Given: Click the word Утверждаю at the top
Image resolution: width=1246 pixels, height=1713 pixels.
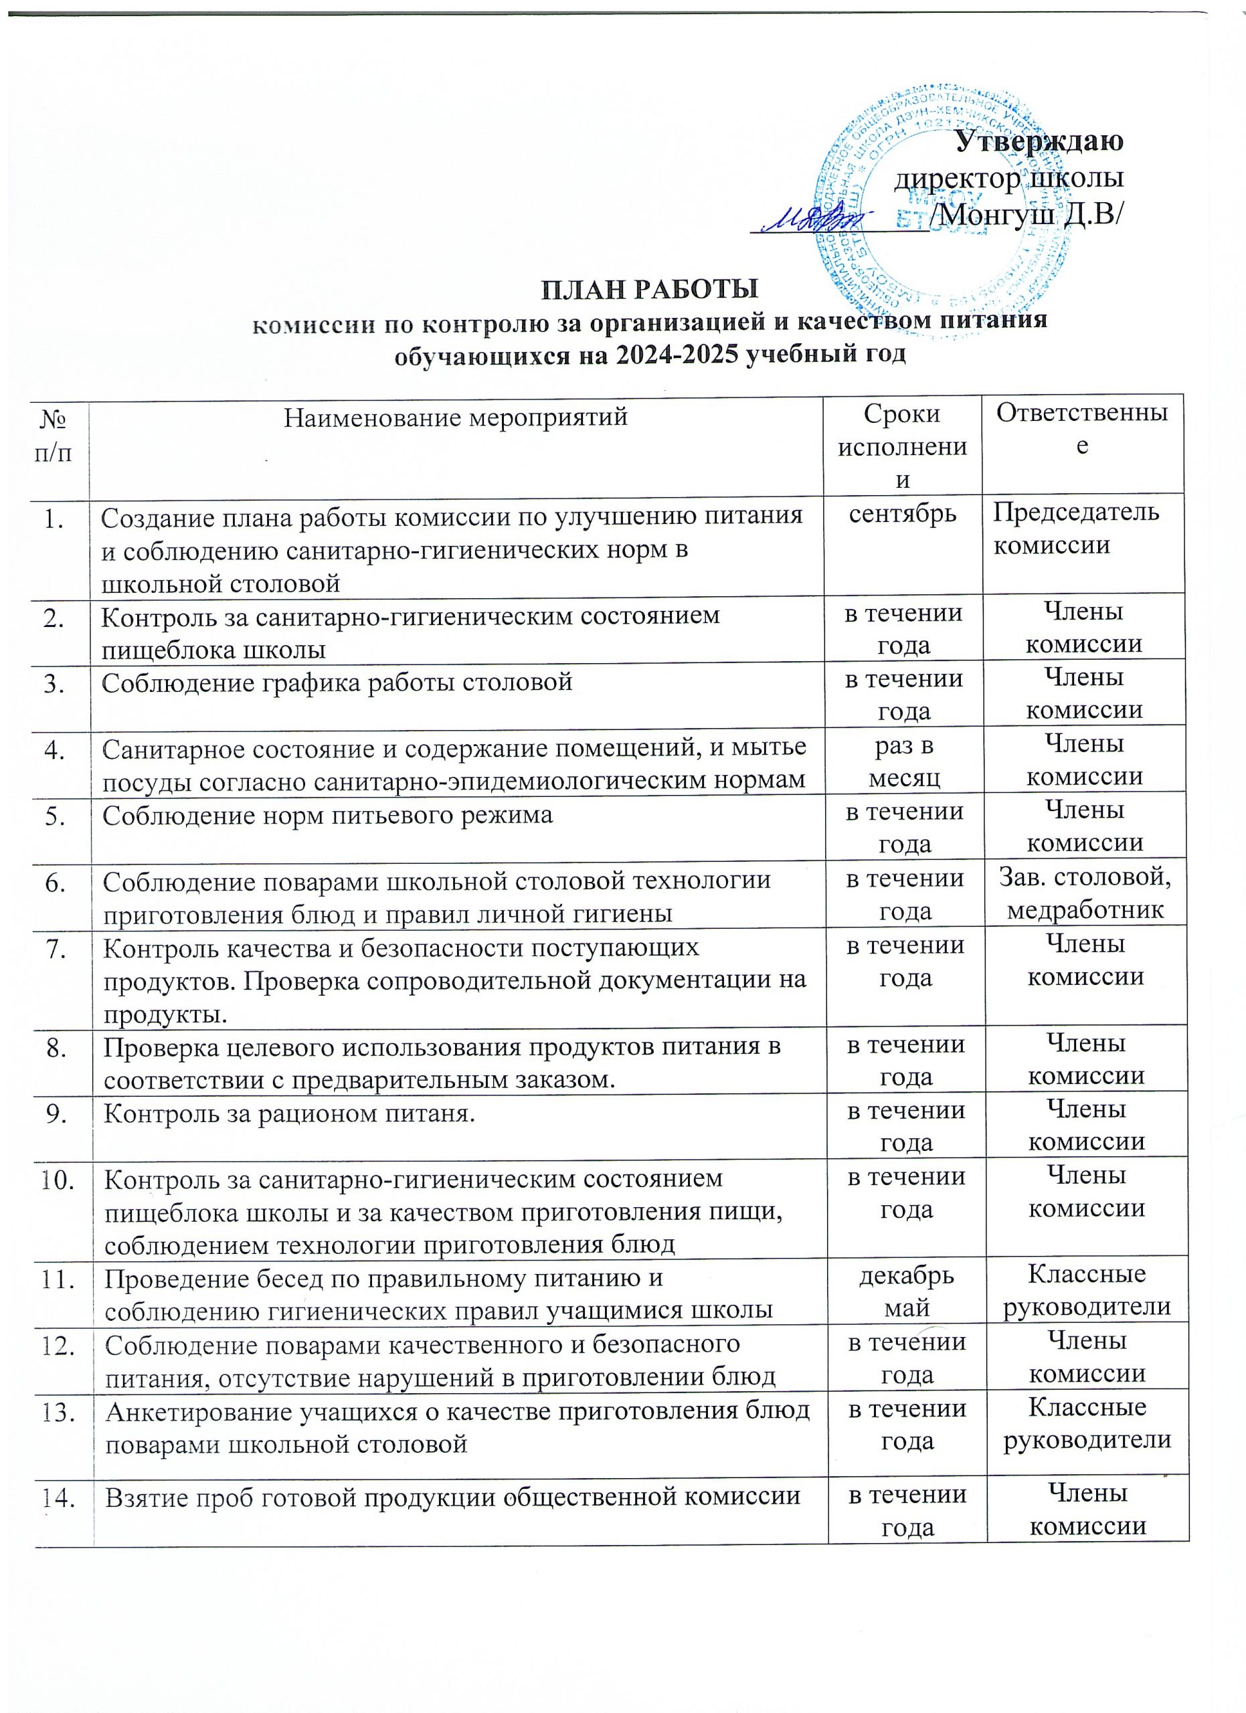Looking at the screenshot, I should (x=1039, y=141).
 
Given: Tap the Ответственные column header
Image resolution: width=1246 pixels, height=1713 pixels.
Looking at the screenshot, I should (x=1082, y=428).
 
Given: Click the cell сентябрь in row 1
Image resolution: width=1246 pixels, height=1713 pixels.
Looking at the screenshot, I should (x=903, y=514).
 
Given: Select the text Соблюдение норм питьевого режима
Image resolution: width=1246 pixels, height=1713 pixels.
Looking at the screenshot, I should (x=327, y=815).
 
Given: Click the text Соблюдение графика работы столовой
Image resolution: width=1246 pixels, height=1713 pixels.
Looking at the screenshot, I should (x=337, y=682).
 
